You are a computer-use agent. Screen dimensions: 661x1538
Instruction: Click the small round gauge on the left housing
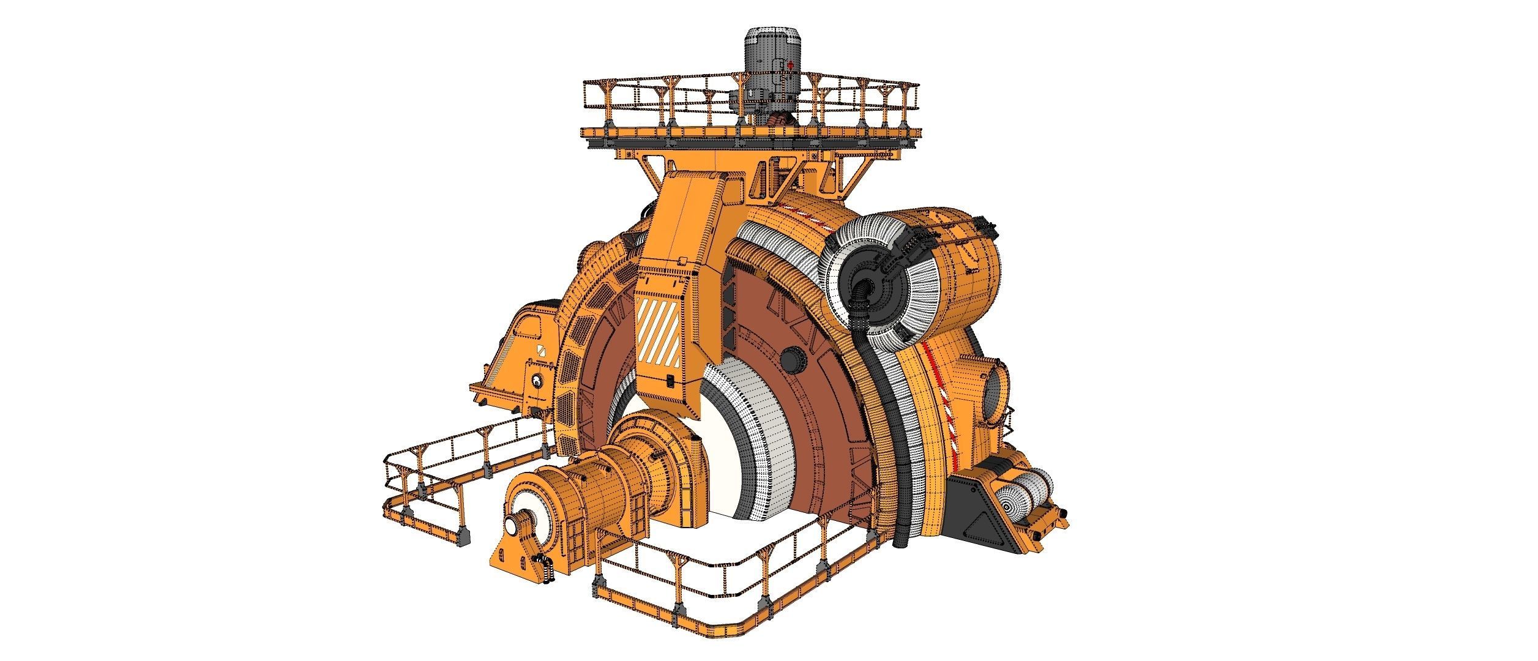pyautogui.click(x=537, y=382)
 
